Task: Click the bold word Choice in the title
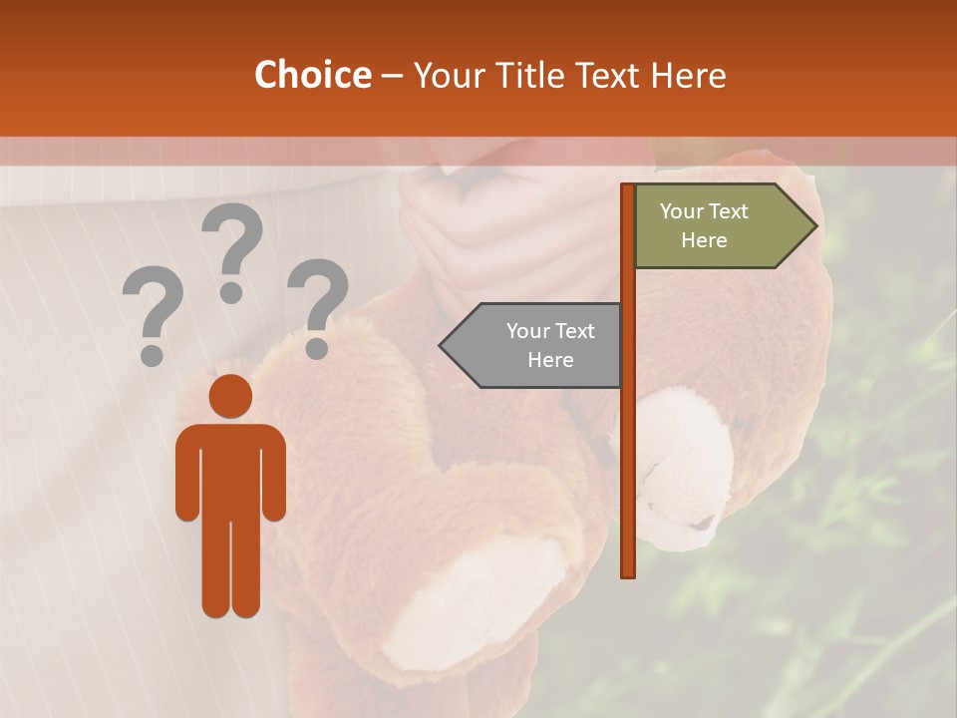312,76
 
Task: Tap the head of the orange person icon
230,396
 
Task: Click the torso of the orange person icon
230,469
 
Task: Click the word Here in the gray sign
550,360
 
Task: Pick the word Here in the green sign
704,240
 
